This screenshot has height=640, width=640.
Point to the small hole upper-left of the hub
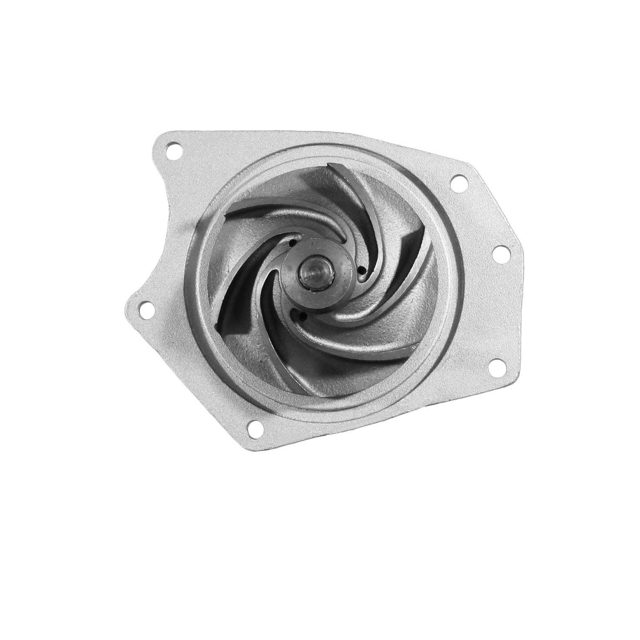coord(291,243)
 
